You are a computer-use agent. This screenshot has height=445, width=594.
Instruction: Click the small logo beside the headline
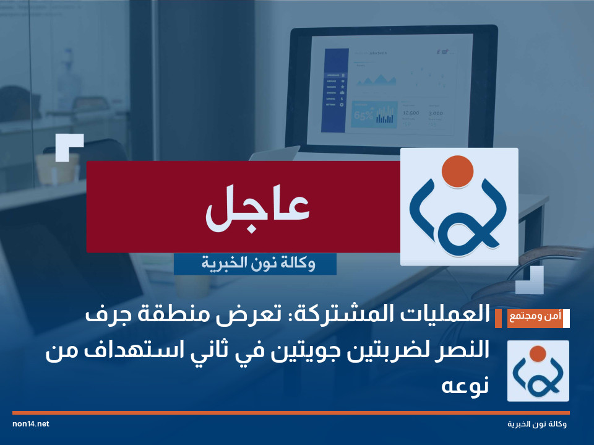click(538, 371)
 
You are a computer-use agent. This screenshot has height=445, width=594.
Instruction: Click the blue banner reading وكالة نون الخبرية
click(255, 264)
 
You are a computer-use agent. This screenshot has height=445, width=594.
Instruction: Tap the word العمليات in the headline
click(446, 316)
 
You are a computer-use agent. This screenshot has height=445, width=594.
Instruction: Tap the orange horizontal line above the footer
click(291, 412)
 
